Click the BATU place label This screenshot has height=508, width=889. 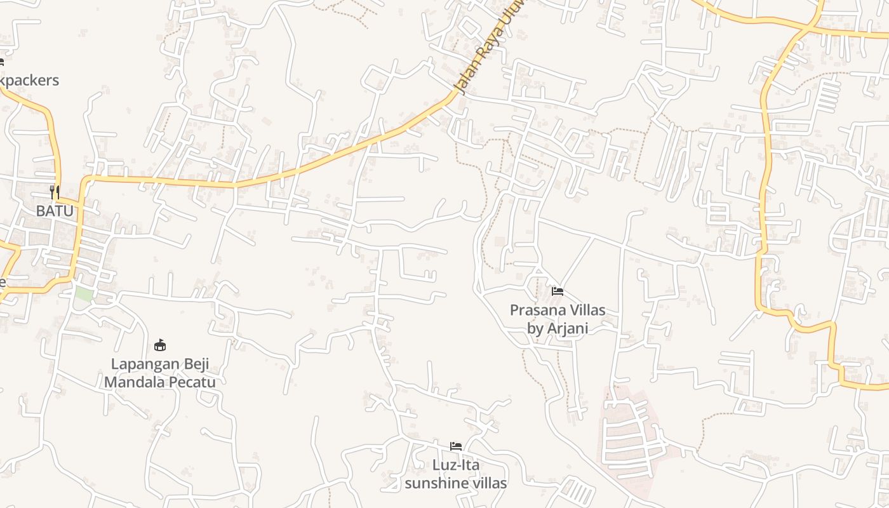click(x=55, y=211)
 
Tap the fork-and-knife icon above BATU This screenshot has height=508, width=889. click(x=55, y=192)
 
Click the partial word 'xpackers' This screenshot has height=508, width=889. click(x=29, y=80)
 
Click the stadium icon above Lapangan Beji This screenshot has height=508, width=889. click(x=160, y=345)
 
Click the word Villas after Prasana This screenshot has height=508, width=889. click(x=587, y=311)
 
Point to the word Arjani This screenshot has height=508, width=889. click(x=567, y=328)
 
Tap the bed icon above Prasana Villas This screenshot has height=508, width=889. click(x=558, y=291)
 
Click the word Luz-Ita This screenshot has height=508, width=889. click(x=456, y=465)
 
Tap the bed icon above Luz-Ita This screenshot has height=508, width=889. click(x=456, y=446)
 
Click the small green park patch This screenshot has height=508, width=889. click(x=84, y=295)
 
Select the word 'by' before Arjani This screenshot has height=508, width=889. click(x=536, y=328)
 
